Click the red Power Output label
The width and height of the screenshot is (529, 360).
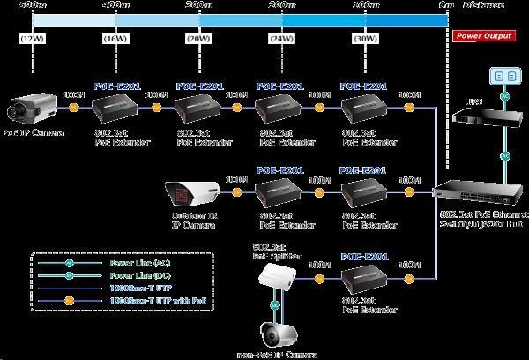(x=484, y=37)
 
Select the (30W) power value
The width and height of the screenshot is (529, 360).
(x=364, y=38)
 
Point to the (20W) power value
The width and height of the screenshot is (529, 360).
(x=199, y=38)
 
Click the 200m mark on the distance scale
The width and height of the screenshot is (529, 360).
(x=281, y=4)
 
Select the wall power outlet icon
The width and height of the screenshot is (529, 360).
(x=503, y=79)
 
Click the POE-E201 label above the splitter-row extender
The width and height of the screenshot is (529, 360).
(x=364, y=256)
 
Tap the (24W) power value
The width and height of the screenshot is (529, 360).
(x=281, y=38)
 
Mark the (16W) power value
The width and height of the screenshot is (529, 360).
(x=115, y=38)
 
